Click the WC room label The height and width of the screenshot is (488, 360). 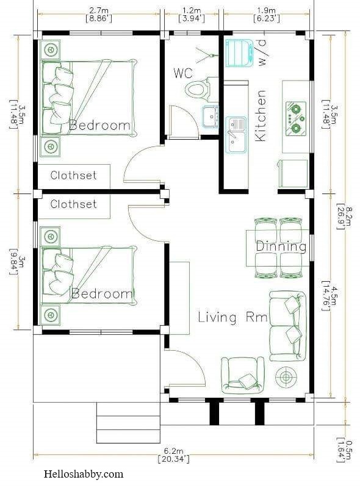tap(183, 73)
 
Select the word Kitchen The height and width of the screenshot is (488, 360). tap(261, 116)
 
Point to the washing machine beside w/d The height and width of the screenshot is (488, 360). tap(239, 53)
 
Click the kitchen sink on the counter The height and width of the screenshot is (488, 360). tap(236, 135)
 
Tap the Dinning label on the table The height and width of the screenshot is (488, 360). tap(281, 247)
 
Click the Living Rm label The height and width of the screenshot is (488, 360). tap(233, 317)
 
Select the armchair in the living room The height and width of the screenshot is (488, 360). tap(243, 375)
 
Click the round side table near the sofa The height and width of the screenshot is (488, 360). tap(286, 378)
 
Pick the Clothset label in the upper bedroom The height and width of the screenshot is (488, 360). tap(73, 175)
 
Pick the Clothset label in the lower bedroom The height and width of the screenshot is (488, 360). tap(73, 204)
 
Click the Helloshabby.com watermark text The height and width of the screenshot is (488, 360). tap(84, 474)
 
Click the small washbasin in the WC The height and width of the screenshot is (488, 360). tap(211, 117)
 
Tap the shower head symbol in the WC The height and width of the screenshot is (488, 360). tap(206, 56)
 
